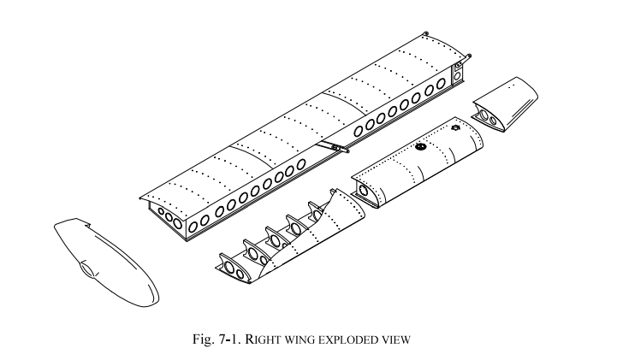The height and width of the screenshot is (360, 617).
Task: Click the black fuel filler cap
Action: pyautogui.click(x=420, y=146)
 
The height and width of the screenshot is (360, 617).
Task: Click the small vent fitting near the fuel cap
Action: pyautogui.click(x=455, y=129)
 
